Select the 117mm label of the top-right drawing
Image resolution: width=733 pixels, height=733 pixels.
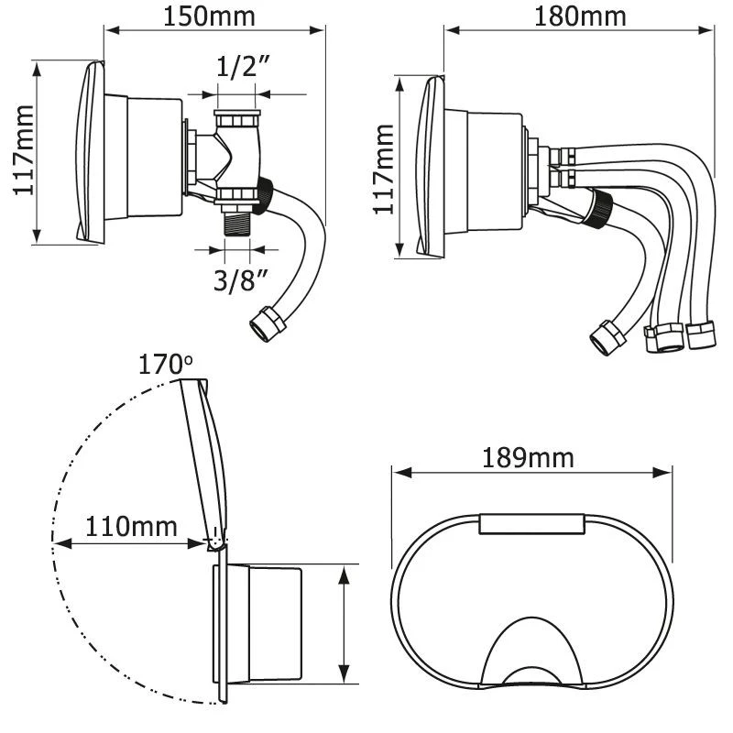385,170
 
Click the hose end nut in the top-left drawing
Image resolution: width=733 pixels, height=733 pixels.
267,323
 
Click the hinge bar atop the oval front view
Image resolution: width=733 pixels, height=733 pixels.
531,523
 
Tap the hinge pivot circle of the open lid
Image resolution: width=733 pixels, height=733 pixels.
214,544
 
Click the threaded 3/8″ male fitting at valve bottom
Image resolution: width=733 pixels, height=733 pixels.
235,224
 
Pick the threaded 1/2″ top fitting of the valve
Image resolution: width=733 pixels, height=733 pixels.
237,120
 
